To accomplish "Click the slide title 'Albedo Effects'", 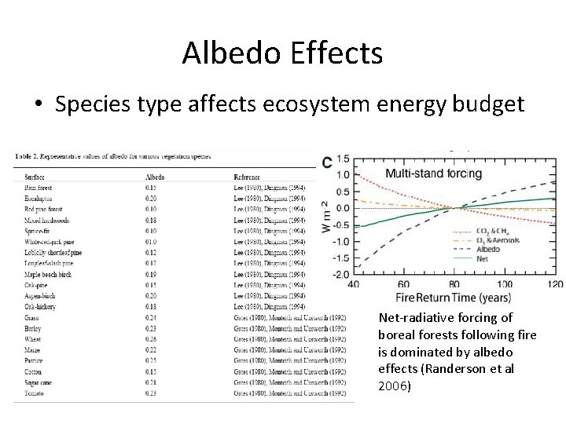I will tap(282, 53).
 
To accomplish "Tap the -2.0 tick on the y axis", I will tap(341, 274).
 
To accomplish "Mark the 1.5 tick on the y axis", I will tap(343, 159).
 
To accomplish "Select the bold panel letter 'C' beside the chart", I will tap(327, 162).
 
